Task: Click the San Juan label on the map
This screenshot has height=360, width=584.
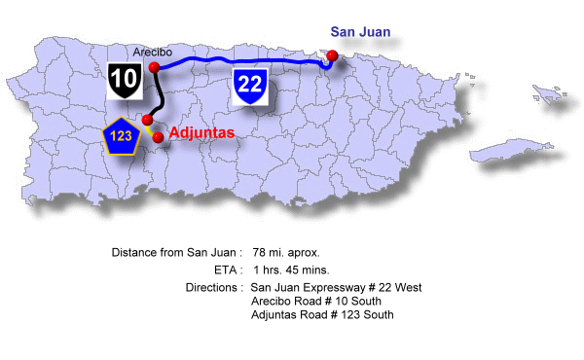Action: (360, 32)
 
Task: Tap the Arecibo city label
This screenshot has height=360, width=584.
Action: (154, 52)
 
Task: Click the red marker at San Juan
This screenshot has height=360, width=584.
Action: (333, 55)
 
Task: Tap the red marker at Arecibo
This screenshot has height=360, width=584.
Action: (154, 67)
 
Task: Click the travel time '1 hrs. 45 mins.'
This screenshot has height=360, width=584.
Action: (290, 270)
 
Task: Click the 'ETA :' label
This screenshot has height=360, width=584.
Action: (227, 270)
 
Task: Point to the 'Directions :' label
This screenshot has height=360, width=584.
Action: (213, 288)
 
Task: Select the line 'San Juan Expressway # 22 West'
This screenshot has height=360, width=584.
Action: (336, 288)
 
